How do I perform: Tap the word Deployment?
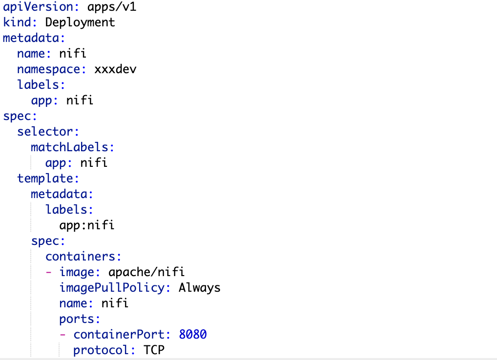80,22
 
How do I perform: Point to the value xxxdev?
115,69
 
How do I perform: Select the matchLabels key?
72,147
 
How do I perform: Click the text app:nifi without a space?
86,225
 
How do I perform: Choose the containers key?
83,257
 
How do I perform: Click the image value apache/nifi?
146,272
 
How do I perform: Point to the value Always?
199,288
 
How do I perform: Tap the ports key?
79,319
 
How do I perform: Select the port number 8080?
193,335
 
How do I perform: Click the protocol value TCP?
154,350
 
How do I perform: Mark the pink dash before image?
49,272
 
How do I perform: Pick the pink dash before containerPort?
63,335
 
